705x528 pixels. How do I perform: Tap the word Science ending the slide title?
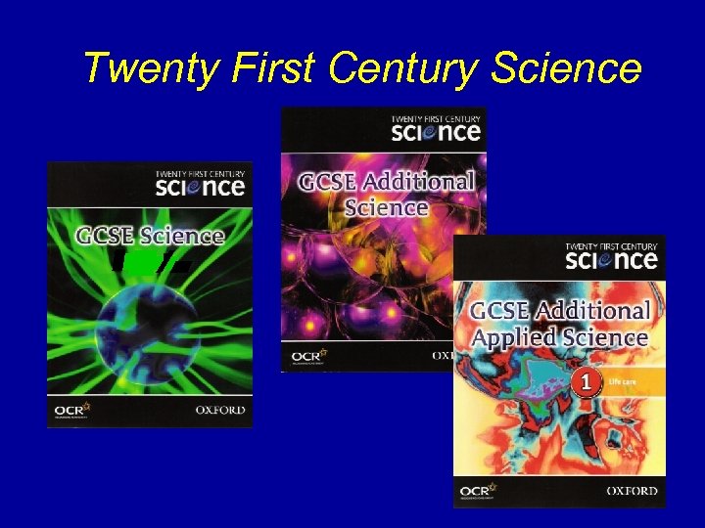click(568, 68)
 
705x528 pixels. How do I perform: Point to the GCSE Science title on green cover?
click(151, 236)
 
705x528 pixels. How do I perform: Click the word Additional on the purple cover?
click(420, 181)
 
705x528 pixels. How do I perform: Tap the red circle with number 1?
click(587, 384)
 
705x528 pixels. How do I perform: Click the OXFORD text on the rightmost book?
click(631, 490)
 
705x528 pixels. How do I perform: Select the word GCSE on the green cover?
click(100, 236)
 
